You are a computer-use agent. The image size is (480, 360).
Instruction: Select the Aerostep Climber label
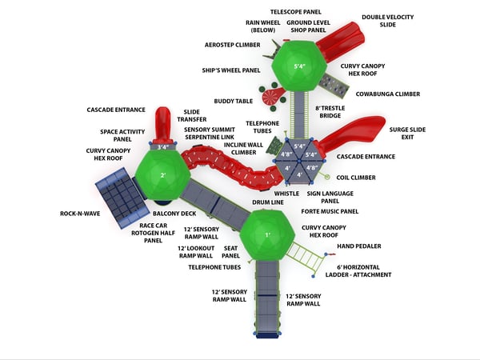click(x=227, y=45)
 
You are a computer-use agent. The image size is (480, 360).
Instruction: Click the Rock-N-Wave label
click(x=79, y=214)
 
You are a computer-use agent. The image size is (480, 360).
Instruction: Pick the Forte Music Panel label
click(x=330, y=211)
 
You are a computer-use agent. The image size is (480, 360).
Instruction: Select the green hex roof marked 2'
click(x=162, y=175)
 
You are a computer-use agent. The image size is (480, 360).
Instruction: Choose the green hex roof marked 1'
click(x=268, y=235)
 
